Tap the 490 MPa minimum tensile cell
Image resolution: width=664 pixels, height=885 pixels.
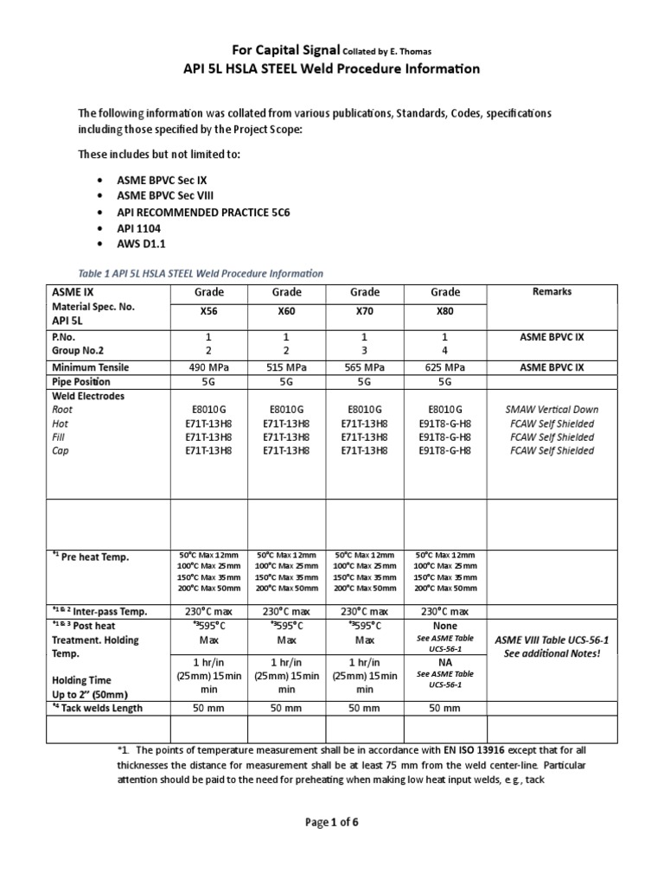coord(209,367)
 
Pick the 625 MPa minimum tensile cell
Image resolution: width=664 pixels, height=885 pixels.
coord(444,367)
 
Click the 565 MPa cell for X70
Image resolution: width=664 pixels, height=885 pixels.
coord(364,367)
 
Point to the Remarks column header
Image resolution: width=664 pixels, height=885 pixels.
coord(552,292)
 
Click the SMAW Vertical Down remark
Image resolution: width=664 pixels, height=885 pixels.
coord(552,410)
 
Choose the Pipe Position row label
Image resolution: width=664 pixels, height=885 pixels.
coord(82,381)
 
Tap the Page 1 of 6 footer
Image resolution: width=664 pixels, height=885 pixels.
coord(332,822)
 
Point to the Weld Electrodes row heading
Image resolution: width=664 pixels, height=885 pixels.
coord(89,396)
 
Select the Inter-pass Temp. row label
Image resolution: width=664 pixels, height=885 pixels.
coord(99,611)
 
